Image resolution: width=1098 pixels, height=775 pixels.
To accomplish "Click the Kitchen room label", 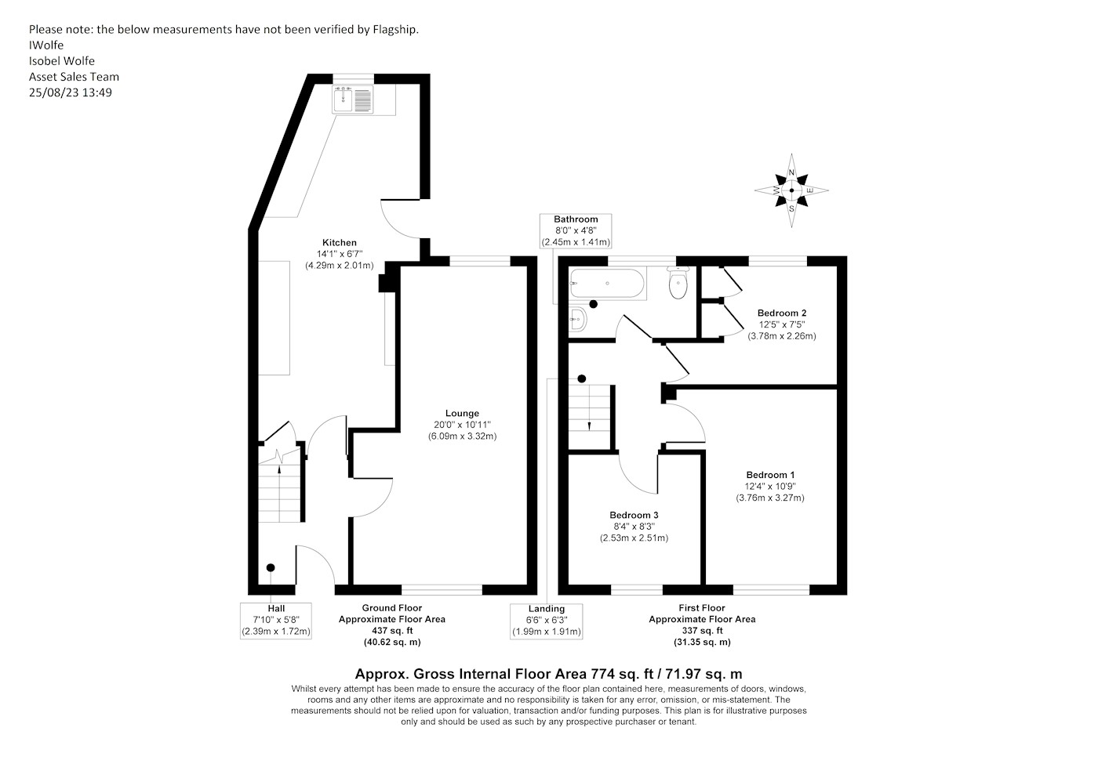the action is [339, 242].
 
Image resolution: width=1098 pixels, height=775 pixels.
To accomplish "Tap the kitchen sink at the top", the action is [353, 99].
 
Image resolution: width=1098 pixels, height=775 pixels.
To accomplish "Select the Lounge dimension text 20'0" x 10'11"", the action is [462, 425].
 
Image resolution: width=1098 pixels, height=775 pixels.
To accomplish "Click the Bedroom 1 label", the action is [770, 475].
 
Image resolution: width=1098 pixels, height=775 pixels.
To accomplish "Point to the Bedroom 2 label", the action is [782, 313].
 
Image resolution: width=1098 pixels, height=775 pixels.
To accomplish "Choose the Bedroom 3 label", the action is [634, 515].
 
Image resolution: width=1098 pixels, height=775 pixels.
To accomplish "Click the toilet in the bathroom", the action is [678, 283].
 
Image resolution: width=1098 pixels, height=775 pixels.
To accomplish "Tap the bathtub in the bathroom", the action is [607, 283].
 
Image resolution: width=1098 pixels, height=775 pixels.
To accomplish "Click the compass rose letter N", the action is [791, 172].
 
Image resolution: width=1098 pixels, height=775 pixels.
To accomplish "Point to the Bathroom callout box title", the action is [576, 219].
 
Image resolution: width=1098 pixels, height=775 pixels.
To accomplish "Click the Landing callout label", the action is [547, 608].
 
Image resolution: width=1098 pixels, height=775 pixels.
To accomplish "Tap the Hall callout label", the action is [276, 608].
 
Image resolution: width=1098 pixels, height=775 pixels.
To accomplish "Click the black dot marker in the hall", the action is [271, 568].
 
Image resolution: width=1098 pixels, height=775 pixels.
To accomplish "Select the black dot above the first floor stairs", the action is [582, 378].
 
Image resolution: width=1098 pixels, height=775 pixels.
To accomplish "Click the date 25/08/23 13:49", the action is [71, 92].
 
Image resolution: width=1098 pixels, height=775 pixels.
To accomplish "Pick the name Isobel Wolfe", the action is [62, 61].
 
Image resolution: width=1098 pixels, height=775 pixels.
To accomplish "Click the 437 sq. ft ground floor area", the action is [392, 631].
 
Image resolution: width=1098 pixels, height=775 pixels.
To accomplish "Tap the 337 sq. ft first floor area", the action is [702, 631].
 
